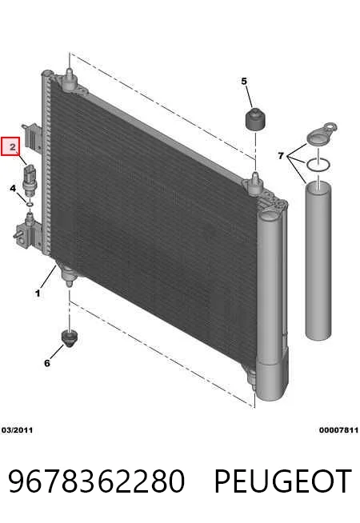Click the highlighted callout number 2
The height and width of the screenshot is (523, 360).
click(x=12, y=146)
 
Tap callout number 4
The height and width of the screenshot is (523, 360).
click(x=13, y=189)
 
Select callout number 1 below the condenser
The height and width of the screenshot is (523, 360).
click(x=38, y=293)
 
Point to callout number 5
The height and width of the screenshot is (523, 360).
click(x=244, y=81)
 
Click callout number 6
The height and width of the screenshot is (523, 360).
click(x=47, y=362)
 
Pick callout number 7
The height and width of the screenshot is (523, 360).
click(x=281, y=155)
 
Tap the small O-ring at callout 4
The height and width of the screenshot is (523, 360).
click(x=30, y=203)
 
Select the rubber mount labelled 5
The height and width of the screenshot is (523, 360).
click(x=255, y=119)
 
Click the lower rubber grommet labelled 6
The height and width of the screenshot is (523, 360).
click(x=70, y=338)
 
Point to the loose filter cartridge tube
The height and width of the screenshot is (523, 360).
click(x=318, y=261)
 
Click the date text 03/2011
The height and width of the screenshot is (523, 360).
click(x=17, y=430)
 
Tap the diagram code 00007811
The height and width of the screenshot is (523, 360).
click(x=338, y=430)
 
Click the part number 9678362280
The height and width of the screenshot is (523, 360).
click(x=96, y=481)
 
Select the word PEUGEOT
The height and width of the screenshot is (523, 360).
click(x=282, y=481)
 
